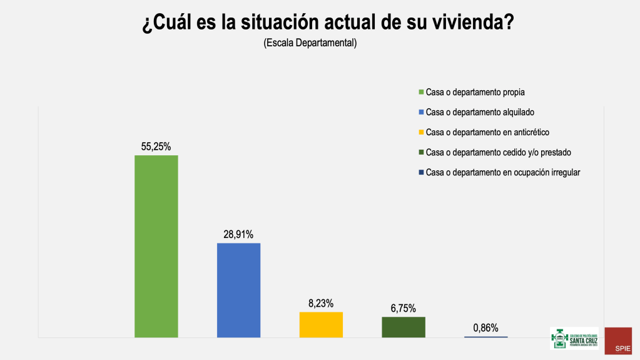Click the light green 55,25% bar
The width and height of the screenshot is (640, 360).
[x=156, y=246]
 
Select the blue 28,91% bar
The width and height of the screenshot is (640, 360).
[x=238, y=290]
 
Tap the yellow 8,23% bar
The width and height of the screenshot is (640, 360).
[x=321, y=324]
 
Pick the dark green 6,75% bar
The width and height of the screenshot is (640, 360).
[x=404, y=327]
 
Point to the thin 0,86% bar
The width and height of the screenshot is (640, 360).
[x=485, y=337]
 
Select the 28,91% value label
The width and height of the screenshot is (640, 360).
[x=238, y=234]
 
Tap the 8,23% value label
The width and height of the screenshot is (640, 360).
[x=321, y=303]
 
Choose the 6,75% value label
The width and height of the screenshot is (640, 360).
[x=404, y=308]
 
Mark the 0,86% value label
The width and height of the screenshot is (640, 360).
[x=485, y=327]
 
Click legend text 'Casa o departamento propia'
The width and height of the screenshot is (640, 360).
[x=475, y=92]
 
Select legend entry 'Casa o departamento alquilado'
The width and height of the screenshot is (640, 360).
[x=480, y=112]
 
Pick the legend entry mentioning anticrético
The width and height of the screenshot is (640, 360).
[x=487, y=132]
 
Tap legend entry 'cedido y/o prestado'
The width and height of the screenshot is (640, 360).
[x=498, y=152]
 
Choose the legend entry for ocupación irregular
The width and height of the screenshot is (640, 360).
[x=503, y=172]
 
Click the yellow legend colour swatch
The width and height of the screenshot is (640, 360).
[x=422, y=132]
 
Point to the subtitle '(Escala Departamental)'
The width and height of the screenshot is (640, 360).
[x=310, y=43]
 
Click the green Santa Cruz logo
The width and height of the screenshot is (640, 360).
[x=574, y=338]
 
